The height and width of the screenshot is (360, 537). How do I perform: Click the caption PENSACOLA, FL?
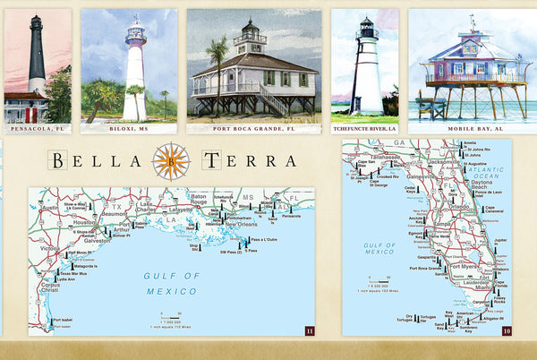coord(37,129)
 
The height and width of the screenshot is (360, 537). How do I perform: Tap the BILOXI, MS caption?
coord(128,129)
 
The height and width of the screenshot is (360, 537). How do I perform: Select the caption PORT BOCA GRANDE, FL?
coord(254,129)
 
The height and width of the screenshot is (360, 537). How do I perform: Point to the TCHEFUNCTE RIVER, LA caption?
coord(364,129)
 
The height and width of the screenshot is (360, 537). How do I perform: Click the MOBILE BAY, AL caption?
coord(472,129)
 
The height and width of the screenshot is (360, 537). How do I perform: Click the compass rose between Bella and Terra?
coord(171,161)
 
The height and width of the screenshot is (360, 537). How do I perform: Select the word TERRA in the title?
coord(249,161)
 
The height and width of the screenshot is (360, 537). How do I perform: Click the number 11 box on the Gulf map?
coord(310,330)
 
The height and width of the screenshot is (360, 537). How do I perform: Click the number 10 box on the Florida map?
coord(507,330)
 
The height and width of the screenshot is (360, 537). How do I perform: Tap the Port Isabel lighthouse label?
coord(63,320)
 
